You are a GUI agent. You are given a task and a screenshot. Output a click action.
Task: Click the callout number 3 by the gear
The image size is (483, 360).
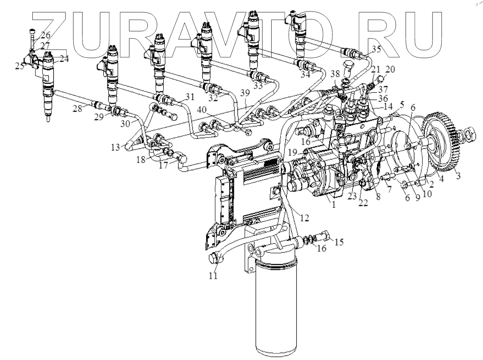pyautogui.click(x=459, y=176)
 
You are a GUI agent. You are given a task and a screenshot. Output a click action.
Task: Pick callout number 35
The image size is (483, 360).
pyautogui.click(x=376, y=49)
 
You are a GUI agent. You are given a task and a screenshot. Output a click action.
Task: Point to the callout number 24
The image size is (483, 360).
pyautogui.click(x=64, y=59)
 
